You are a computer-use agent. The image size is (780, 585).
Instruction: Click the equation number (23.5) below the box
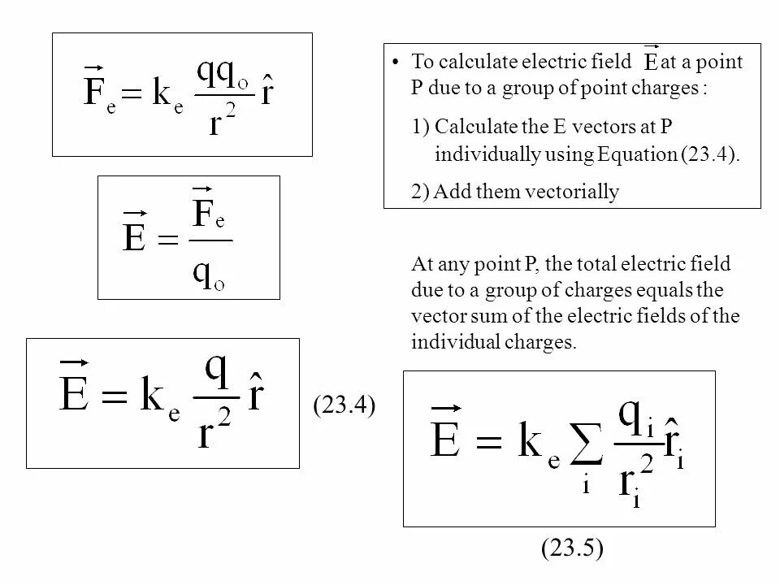pyautogui.click(x=572, y=549)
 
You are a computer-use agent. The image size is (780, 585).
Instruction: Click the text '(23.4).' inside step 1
pyautogui.click(x=711, y=154)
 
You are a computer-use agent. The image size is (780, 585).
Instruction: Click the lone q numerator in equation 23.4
pyautogui.click(x=216, y=371)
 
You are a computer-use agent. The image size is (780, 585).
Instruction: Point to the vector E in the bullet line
pyautogui.click(x=651, y=62)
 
